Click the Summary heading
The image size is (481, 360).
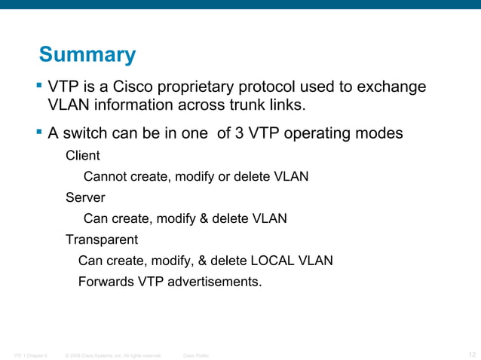point(87,55)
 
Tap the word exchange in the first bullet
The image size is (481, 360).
point(391,87)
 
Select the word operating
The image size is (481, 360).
point(320,134)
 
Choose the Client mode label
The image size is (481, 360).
point(82,156)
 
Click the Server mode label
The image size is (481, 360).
point(84,198)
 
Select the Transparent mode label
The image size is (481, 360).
point(101,240)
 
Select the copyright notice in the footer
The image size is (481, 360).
point(113,354)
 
